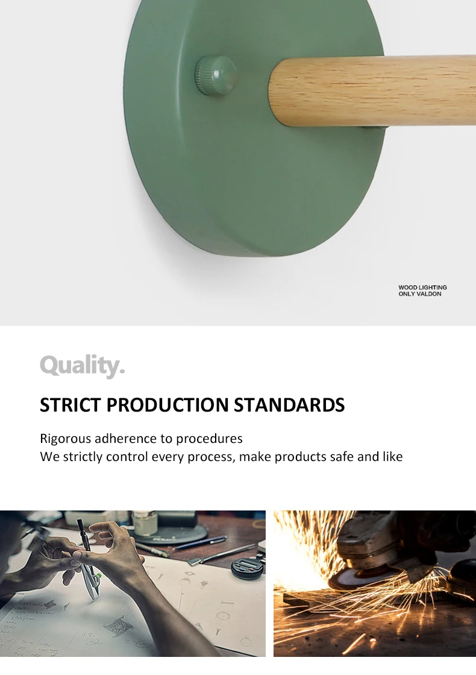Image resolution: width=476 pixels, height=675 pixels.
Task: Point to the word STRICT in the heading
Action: tap(70, 404)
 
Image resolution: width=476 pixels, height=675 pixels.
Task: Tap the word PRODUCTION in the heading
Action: tap(168, 404)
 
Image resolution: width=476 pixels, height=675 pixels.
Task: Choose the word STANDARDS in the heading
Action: tap(289, 404)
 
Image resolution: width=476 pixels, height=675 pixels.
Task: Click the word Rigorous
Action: tap(66, 439)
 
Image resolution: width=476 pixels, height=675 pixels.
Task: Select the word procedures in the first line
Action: tap(209, 439)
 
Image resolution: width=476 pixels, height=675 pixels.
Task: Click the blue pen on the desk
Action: tap(200, 542)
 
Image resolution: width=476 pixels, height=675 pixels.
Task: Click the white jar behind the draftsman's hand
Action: tap(145, 523)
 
